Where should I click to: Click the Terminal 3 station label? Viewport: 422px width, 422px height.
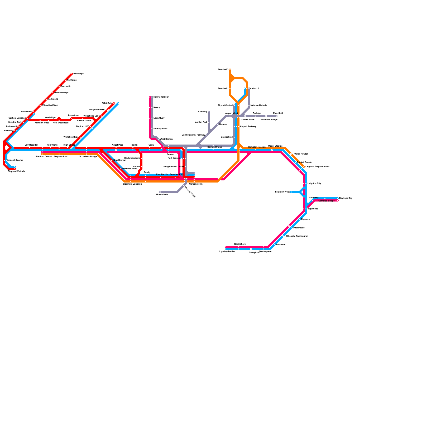click(x=223, y=70)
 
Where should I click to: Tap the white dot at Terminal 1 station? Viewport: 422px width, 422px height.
click(x=230, y=89)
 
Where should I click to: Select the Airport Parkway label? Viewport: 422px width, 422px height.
click(x=248, y=127)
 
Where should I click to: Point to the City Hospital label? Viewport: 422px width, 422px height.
click(x=31, y=145)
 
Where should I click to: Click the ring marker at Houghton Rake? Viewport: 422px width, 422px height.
click(x=108, y=110)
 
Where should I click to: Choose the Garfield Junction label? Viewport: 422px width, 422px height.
click(x=17, y=118)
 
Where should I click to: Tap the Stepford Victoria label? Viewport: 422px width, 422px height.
click(x=16, y=171)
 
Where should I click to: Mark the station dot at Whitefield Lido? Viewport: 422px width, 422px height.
click(x=80, y=137)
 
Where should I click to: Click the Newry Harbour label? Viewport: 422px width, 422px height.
click(x=161, y=97)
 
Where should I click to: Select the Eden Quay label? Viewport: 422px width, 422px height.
click(x=159, y=118)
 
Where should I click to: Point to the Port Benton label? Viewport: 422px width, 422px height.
click(x=174, y=158)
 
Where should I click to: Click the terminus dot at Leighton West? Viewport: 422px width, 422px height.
click(x=291, y=192)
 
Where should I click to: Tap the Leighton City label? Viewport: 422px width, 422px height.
click(x=314, y=184)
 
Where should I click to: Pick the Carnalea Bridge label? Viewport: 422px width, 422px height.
click(x=326, y=201)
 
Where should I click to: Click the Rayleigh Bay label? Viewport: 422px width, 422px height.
click(x=346, y=198)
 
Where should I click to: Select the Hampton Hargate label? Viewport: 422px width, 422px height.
click(x=257, y=147)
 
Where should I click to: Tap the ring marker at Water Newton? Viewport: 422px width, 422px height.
click(x=291, y=154)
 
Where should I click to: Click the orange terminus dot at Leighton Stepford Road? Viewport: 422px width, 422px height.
click(x=304, y=167)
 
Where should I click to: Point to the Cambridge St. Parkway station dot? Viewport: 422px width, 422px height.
click(x=207, y=135)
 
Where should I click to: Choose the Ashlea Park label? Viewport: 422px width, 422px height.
click(x=201, y=122)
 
